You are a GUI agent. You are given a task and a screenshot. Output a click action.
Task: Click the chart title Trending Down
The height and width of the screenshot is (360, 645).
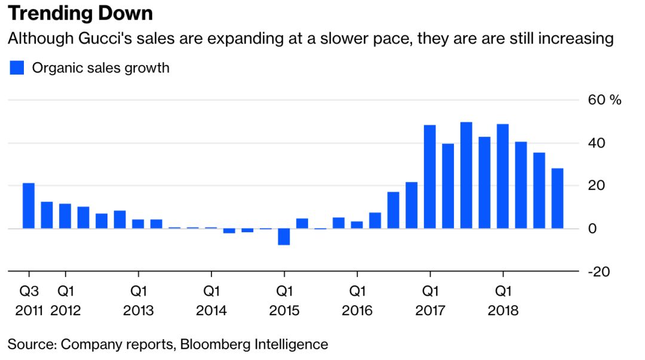click(x=80, y=13)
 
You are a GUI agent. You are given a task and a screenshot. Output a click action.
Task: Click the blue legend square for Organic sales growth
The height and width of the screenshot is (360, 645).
click(x=17, y=67)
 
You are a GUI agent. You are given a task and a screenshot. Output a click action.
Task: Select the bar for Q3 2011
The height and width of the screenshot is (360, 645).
click(x=28, y=205)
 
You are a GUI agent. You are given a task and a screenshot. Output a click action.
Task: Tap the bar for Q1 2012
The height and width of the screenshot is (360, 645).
click(x=65, y=216)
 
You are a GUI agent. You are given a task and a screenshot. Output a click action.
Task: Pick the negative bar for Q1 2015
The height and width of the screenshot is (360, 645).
click(x=284, y=236)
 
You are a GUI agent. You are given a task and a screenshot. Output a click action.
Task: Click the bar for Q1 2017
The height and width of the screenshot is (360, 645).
click(x=429, y=177)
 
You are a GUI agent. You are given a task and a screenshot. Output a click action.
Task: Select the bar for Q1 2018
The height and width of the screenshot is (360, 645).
click(x=502, y=176)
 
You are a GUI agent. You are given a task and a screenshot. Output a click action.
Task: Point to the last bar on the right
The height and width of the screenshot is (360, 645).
click(x=557, y=198)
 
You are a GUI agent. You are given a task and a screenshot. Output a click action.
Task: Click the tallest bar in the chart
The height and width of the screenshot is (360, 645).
click(x=466, y=175)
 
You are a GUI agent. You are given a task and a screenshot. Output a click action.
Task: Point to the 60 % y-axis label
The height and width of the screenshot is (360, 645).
click(x=604, y=100)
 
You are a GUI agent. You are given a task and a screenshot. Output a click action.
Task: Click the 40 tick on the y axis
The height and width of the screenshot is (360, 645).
click(x=597, y=143)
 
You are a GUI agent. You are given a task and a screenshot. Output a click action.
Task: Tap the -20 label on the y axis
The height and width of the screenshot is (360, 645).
click(x=598, y=272)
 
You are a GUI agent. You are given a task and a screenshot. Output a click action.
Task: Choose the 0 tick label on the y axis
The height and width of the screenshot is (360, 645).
click(x=593, y=229)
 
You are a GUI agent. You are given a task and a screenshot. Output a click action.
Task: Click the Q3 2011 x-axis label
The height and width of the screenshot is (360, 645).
click(x=28, y=301)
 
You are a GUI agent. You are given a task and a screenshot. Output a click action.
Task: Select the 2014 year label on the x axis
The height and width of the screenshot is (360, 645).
click(x=211, y=311)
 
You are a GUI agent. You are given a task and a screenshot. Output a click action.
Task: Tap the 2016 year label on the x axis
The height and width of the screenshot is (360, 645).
click(x=357, y=311)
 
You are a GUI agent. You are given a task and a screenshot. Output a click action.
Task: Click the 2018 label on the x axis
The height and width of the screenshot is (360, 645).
click(x=503, y=311)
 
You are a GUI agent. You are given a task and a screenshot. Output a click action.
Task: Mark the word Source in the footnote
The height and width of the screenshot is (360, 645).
click(x=30, y=344)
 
